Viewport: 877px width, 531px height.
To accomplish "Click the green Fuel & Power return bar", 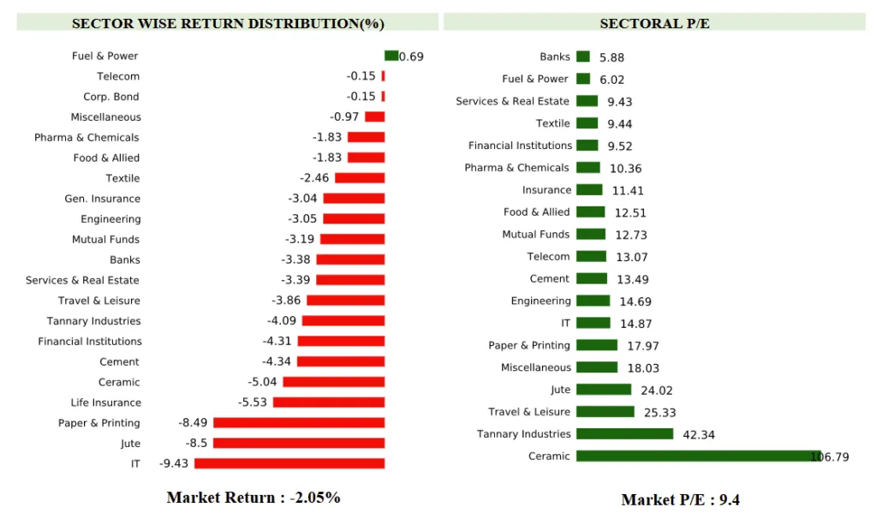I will coord(391,56).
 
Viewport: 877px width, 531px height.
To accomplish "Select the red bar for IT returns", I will coord(289,463).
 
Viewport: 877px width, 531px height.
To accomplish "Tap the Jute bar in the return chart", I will coord(299,443).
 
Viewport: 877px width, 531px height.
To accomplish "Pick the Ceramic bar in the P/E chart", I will coord(698,456).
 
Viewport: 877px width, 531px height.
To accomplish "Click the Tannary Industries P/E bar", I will coord(624,433).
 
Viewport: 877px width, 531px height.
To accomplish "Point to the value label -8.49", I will coord(193,423).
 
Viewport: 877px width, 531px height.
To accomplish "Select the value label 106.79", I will coord(830,457).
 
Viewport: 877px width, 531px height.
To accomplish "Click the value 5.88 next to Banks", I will coord(612,57).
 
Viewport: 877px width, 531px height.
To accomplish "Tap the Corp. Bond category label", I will coord(111,97).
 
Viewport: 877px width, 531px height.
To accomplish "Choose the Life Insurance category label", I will coord(106,403).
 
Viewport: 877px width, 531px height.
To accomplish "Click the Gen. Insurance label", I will coord(103,199).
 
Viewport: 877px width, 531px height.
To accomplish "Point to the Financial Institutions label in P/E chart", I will coord(520,146).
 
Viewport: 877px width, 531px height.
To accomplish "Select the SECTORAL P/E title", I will coord(654,23).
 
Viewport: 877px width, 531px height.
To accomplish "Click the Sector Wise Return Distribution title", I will coord(228,23).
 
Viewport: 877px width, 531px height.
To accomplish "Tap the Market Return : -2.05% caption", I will coord(254,498).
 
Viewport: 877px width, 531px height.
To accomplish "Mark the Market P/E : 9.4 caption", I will coord(680,499).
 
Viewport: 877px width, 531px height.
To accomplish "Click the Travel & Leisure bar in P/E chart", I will coord(605,411).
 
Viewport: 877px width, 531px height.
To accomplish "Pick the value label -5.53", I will coord(252,403).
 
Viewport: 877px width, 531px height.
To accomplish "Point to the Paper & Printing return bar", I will coord(299,422).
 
